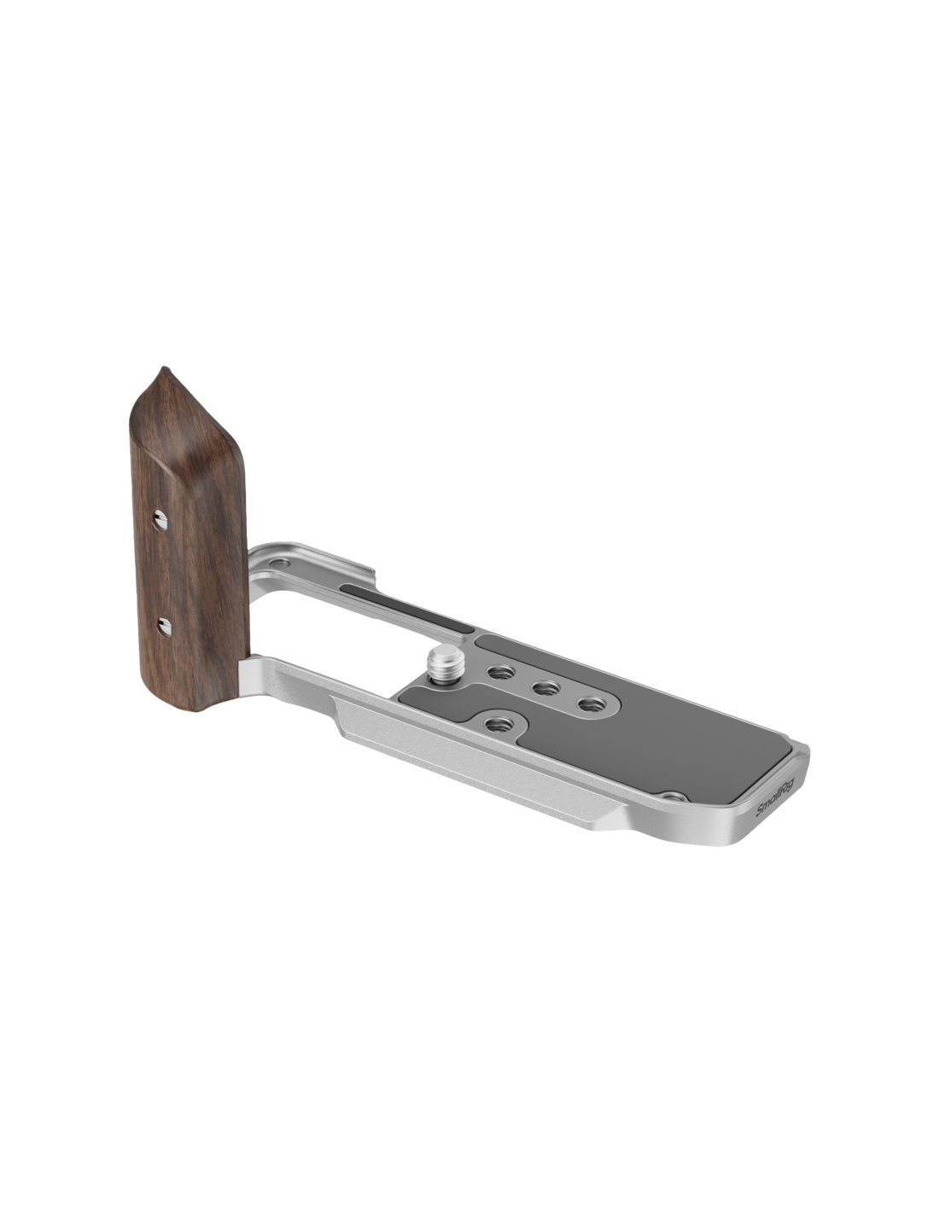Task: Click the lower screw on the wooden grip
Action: click(x=164, y=627)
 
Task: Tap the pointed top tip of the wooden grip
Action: click(x=162, y=368)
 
